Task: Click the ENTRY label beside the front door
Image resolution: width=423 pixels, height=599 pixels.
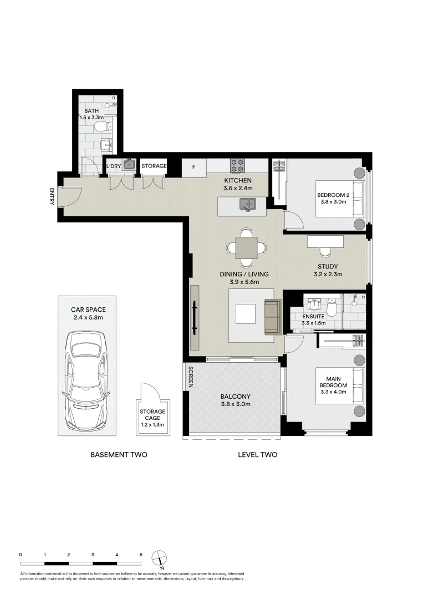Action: coord(52,197)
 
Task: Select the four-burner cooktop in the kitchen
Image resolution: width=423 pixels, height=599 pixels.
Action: coord(238,165)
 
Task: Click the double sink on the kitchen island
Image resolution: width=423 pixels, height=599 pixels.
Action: coord(247,205)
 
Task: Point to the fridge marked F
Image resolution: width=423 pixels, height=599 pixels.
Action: coord(193,166)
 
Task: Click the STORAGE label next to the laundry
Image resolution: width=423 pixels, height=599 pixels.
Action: coord(154,166)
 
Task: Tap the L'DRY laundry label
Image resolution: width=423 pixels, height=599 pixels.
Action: coord(114,166)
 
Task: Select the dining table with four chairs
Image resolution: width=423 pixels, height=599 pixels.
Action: coord(246,247)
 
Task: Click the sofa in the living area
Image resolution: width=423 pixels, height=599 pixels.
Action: coord(273,317)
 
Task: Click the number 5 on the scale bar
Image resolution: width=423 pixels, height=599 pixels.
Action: coord(141,554)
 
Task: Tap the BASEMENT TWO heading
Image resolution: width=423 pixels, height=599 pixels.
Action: coord(119,455)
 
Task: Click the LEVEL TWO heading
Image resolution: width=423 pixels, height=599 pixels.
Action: coord(257,455)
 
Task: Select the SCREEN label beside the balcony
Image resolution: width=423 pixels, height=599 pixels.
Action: coord(190,377)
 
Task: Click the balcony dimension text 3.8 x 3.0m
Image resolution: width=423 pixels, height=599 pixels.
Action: coord(235,404)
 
